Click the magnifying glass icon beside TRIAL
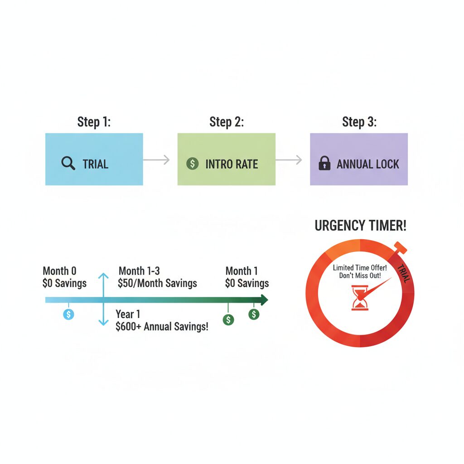(68, 163)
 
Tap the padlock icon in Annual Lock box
(324, 163)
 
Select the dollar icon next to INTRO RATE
(192, 163)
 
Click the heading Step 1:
(94, 122)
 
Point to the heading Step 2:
(227, 122)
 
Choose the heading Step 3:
(359, 122)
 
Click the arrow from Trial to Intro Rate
(156, 160)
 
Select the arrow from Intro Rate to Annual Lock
(289, 160)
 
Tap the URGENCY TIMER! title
(360, 226)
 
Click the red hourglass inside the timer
(360, 298)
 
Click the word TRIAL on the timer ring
(404, 273)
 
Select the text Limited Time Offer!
(360, 268)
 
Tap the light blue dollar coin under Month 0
(69, 314)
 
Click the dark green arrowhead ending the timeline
(264, 300)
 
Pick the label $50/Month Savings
(157, 283)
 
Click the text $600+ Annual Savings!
(162, 327)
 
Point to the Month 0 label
(59, 271)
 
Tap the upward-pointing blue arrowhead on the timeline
(103, 276)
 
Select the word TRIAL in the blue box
(95, 164)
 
